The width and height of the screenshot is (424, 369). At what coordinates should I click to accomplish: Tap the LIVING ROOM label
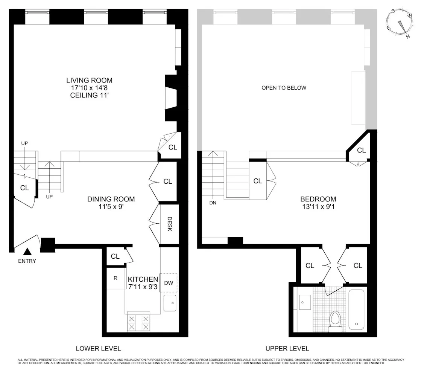[89, 80]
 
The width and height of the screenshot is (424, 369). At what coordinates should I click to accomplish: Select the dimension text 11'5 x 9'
[111, 206]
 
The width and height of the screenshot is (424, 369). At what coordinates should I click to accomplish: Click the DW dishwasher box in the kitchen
[169, 283]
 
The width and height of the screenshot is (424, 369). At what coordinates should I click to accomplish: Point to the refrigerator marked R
[116, 279]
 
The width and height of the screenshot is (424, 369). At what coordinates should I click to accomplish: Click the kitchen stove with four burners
[138, 323]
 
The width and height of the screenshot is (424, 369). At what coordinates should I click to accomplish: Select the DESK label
[169, 224]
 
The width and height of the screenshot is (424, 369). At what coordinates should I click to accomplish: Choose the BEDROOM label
[318, 199]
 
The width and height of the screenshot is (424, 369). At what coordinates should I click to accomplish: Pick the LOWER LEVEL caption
[98, 349]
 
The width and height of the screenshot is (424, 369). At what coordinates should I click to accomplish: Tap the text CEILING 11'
[89, 95]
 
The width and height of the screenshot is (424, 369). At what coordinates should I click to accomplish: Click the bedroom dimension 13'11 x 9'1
[318, 206]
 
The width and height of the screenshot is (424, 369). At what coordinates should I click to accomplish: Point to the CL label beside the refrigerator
[115, 256]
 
